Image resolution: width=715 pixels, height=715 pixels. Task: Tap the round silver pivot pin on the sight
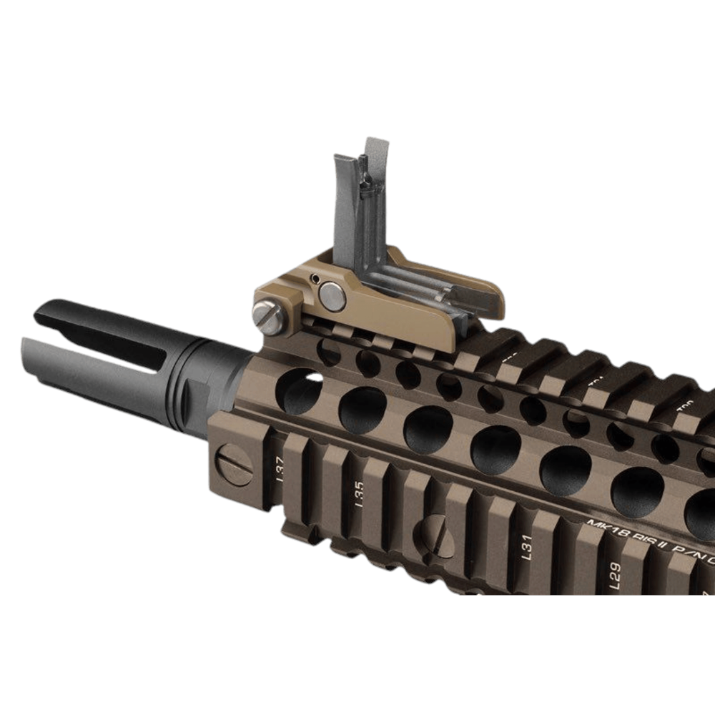click(x=332, y=296)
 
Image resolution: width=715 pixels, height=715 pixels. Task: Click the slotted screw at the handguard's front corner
click(x=235, y=465)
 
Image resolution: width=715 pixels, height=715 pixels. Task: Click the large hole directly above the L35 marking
click(x=363, y=410)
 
